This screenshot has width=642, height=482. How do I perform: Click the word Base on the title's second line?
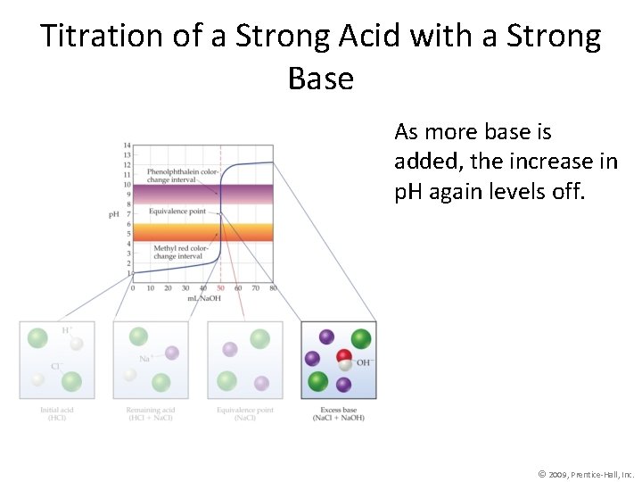(321, 79)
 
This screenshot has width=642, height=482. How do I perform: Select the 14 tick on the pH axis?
(128, 145)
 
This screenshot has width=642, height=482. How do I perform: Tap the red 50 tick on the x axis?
(220, 288)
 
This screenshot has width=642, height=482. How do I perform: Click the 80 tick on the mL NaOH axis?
(272, 288)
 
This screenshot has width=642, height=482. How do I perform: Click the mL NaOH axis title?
(204, 298)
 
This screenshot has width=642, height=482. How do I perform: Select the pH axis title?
(114, 214)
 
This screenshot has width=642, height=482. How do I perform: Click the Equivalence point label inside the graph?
(177, 212)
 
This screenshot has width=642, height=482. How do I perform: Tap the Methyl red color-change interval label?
(181, 252)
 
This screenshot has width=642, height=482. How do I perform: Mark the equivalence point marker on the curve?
(220, 214)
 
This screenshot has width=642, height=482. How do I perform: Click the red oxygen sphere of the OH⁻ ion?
(344, 357)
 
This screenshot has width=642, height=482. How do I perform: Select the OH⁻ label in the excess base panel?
(363, 362)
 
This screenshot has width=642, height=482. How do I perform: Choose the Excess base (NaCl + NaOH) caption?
(338, 414)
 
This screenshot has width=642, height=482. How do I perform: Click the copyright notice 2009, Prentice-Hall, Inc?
(587, 474)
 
